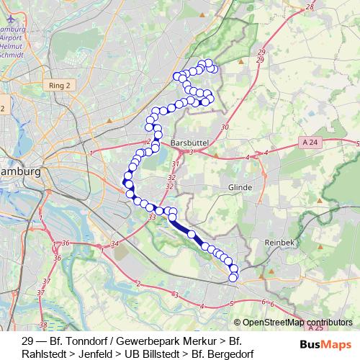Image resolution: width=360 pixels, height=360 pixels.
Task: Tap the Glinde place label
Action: (239, 186)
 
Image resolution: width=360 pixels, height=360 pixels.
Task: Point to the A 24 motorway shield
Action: (310, 143)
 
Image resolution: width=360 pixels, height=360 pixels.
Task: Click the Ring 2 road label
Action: (60, 86)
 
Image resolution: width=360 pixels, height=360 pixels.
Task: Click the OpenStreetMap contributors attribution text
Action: (297, 323)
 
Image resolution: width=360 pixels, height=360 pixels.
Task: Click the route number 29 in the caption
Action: (28, 341)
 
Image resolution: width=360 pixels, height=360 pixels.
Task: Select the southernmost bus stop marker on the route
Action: (233, 277)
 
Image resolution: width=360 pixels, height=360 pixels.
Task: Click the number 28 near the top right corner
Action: (310, 6)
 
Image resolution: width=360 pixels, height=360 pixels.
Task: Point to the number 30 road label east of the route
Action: (225, 127)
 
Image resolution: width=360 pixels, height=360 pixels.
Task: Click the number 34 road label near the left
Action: (114, 245)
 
